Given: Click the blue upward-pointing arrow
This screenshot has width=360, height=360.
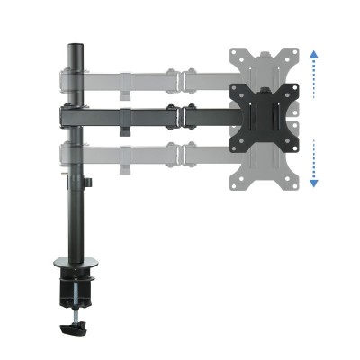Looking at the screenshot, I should click(313, 55).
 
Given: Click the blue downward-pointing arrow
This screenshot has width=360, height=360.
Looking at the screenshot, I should click(313, 182).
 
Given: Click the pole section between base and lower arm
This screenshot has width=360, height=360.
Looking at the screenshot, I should click(76, 216).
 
